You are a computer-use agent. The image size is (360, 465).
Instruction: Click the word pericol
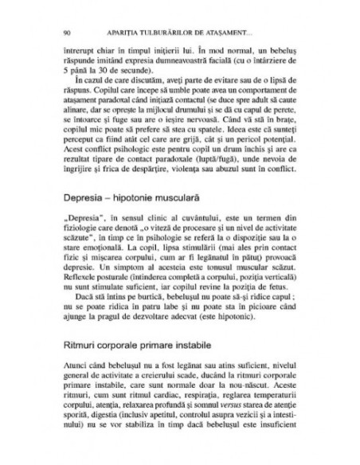(x=243, y=158)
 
